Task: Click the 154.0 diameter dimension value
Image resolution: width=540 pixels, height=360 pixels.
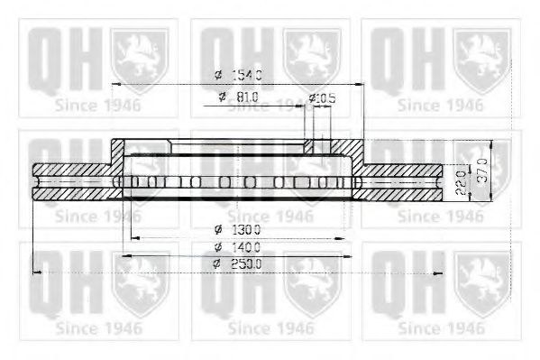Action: [247, 75]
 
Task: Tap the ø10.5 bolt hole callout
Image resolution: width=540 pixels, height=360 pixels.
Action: [322, 97]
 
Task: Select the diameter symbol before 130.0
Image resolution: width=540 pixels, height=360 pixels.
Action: [218, 229]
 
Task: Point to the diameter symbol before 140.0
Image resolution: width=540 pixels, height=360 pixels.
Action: [218, 246]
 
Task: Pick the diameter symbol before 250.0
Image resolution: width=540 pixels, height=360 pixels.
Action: [218, 263]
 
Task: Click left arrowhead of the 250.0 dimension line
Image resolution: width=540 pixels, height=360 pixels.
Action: [36, 272]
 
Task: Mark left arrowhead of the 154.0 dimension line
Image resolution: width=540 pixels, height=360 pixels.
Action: [116, 84]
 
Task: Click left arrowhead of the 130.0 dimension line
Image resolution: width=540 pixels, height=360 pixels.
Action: [136, 238]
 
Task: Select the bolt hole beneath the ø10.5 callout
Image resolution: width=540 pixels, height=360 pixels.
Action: [312, 144]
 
